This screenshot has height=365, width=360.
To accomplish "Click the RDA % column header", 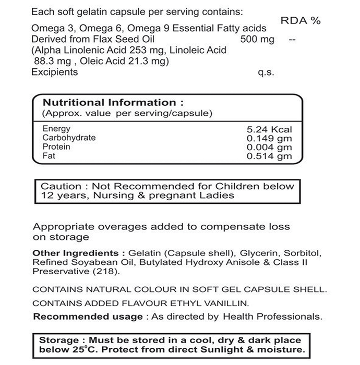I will coord(301,21).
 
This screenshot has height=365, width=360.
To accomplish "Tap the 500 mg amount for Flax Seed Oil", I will coord(257,40).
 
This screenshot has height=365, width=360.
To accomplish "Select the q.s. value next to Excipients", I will coord(266,73).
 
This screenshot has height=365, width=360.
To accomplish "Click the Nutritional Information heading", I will coord(113,102).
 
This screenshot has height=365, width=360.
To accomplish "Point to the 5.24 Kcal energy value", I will coord(269,129).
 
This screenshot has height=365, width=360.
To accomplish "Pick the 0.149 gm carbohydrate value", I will coord(269,138).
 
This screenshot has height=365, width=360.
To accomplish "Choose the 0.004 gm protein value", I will coord(269,147).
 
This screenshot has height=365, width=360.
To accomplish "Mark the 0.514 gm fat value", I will coord(269,156).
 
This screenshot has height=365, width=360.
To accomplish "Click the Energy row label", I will coord(56,129).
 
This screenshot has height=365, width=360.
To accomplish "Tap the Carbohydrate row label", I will coord(69,138).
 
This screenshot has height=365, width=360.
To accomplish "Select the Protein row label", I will coord(56,147).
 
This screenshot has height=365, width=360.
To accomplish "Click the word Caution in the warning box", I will coord(61,186).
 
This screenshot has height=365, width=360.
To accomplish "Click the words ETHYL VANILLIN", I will coord(208,303).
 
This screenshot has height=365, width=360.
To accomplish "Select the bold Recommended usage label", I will coord(88,316).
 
